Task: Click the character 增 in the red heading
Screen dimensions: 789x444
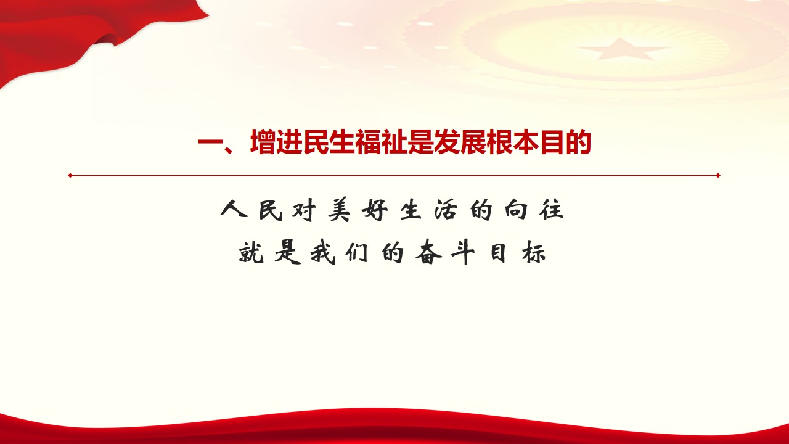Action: point(263,142)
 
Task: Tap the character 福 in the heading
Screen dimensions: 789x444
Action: point(369,142)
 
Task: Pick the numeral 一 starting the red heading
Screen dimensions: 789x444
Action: point(211,142)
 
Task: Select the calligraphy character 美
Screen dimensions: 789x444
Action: point(339,210)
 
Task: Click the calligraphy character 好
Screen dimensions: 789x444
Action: point(375,210)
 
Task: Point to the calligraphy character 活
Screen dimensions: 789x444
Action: point(446,210)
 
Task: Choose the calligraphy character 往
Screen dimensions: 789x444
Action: point(551,210)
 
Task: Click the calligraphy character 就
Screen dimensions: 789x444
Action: point(251,252)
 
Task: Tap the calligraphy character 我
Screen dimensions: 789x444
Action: point(322,253)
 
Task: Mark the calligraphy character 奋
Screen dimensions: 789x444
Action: point(428,252)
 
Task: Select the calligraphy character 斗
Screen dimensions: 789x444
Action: point(464,253)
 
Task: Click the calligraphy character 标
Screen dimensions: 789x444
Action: point(534,253)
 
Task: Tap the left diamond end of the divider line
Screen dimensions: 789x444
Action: point(70,175)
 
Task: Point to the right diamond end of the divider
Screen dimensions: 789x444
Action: point(718,175)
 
